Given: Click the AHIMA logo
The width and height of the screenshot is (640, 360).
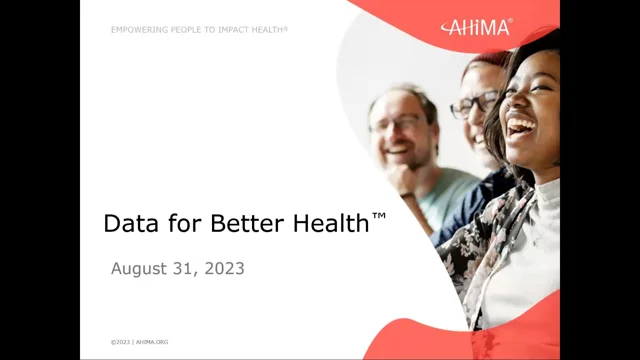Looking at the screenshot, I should [476, 26].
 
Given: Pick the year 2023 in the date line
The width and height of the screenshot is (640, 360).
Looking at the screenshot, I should [223, 268].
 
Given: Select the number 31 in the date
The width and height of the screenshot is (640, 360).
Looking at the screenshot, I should [183, 268].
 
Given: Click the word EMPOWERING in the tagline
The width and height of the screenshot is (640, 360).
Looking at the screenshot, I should [140, 30].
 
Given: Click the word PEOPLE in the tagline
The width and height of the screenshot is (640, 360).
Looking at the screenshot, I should [186, 30].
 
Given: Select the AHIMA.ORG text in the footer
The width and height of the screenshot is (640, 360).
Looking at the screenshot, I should [154, 342].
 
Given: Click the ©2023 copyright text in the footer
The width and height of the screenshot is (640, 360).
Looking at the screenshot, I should [121, 342].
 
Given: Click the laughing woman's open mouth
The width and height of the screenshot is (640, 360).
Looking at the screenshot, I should [520, 124].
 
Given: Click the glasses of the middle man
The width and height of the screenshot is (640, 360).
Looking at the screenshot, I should [472, 104].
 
